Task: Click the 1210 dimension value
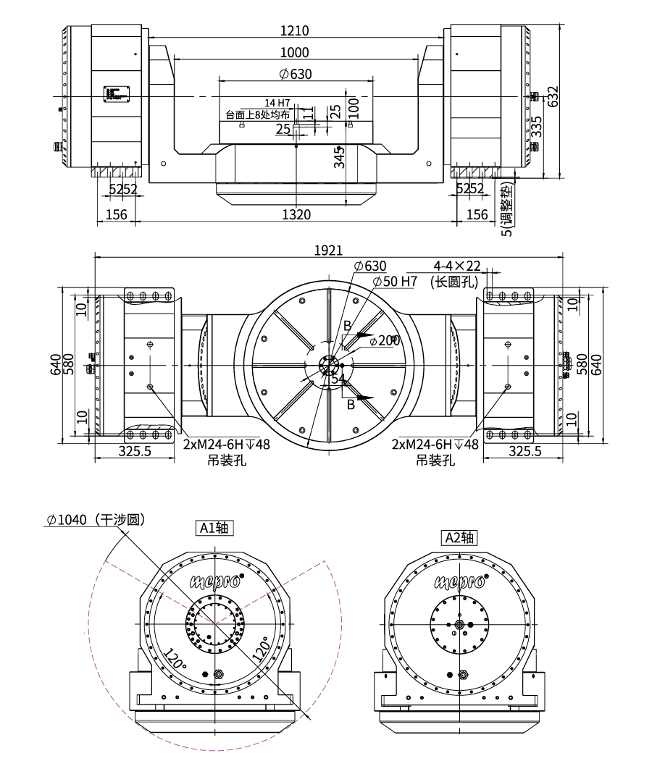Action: (x=296, y=31)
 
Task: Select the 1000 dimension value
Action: (x=296, y=53)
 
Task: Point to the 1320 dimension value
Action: (x=296, y=214)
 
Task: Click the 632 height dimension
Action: (x=553, y=97)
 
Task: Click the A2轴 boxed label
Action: (x=459, y=537)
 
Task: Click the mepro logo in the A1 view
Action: (x=214, y=580)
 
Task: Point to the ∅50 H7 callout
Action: (x=394, y=281)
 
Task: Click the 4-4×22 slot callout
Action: (x=457, y=266)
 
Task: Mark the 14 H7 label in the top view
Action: (x=277, y=103)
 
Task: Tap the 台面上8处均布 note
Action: (x=258, y=115)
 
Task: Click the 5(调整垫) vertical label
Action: (x=507, y=209)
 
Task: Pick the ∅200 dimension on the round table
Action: (x=384, y=341)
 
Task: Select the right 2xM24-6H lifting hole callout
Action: (x=435, y=445)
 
